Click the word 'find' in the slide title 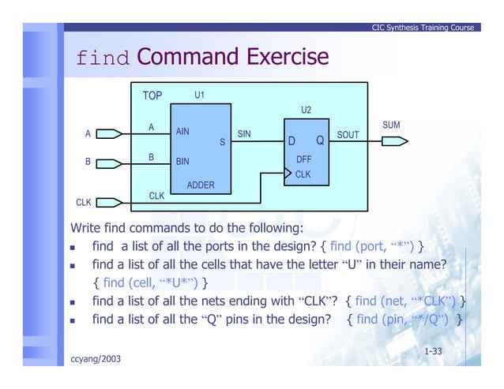click(x=102, y=58)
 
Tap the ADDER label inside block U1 click(x=201, y=185)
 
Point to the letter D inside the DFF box click(x=291, y=142)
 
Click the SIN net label click(x=244, y=134)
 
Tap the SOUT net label click(x=348, y=135)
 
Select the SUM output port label click(x=391, y=125)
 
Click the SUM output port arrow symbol click(x=394, y=142)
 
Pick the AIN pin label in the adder click(x=182, y=132)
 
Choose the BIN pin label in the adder click(x=182, y=162)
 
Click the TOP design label click(x=152, y=95)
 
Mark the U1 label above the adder click(x=200, y=95)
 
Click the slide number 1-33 click(x=433, y=350)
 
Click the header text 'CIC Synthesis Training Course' click(x=423, y=28)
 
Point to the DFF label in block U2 click(x=303, y=159)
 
